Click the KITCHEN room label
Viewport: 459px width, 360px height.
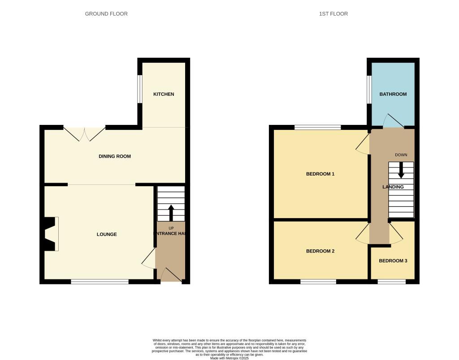point(164,94)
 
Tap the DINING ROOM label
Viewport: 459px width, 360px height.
point(115,156)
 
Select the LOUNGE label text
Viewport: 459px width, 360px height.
point(107,234)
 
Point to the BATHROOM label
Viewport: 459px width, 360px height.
point(393,94)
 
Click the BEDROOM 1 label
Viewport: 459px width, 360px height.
point(320,174)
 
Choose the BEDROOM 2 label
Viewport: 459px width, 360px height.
point(320,251)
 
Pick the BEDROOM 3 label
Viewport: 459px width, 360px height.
point(393,261)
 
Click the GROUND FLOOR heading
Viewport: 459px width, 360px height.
point(106,14)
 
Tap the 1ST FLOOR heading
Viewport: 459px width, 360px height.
point(333,14)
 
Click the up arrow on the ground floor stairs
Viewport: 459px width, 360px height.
point(171,213)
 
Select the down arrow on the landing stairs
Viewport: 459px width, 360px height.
point(401,170)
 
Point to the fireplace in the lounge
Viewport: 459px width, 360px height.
point(50,234)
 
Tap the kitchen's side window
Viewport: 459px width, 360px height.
point(139,89)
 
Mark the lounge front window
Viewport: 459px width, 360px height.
point(100,282)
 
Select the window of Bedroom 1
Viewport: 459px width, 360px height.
point(317,127)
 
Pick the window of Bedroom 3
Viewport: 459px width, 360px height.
point(392,282)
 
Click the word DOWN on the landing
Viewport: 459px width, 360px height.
point(401,155)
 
